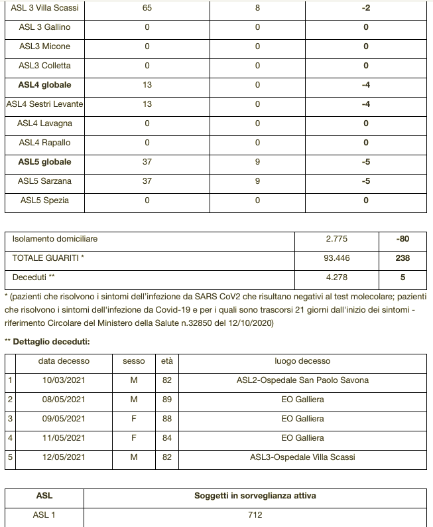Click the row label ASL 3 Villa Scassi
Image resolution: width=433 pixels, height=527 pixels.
click(44, 8)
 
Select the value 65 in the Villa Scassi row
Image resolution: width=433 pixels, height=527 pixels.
click(147, 8)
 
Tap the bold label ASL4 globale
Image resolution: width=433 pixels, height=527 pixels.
click(44, 85)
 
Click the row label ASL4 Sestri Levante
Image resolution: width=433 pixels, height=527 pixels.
click(44, 104)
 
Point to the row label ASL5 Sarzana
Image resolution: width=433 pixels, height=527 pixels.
click(44, 181)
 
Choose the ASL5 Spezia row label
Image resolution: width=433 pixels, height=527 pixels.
click(44, 200)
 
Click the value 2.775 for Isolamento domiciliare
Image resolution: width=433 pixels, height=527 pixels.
click(336, 239)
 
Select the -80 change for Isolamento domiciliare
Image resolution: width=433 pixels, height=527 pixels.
click(402, 239)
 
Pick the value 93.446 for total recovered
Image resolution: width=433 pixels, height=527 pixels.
click(336, 258)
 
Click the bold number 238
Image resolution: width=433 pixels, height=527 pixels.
click(402, 258)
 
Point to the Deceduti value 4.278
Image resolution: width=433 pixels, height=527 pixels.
click(336, 277)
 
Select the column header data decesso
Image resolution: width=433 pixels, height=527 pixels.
click(64, 361)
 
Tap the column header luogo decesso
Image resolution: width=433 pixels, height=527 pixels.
click(302, 361)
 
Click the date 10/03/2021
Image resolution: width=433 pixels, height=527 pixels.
click(64, 380)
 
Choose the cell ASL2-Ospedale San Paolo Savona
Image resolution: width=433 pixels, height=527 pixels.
click(302, 380)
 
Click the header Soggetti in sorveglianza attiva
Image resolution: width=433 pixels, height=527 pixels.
click(255, 496)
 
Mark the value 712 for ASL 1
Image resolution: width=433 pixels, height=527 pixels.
click(255, 515)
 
